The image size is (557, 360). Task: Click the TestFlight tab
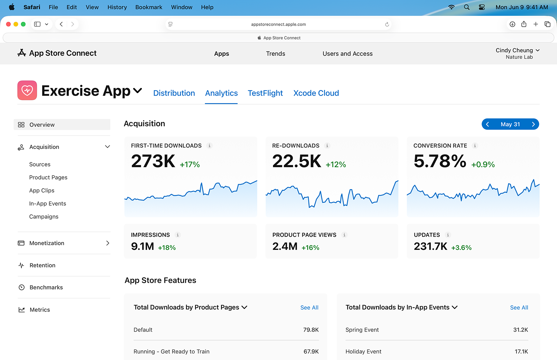pos(265,93)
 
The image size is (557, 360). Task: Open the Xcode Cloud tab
pos(316,93)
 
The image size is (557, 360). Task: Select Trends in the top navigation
pos(275,54)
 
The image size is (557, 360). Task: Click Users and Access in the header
pos(347,54)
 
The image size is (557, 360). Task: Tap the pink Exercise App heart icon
pos(27,90)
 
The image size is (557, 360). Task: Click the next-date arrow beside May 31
pos(533,124)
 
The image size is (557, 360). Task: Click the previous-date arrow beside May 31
pos(487,124)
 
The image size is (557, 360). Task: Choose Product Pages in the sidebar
pos(48,177)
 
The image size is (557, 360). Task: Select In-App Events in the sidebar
pos(47,204)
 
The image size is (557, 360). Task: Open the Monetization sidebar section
pos(47,243)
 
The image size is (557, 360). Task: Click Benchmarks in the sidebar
pos(46,287)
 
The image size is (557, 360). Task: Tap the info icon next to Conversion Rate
pos(475,146)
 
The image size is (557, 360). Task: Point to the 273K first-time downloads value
pos(153,161)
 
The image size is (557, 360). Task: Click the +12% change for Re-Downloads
pos(336,165)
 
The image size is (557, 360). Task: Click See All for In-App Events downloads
pos(519,308)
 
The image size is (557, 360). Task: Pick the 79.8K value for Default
pos(311,330)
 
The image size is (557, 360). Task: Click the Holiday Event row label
pos(363,352)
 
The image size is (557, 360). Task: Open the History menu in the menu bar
pos(117,7)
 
